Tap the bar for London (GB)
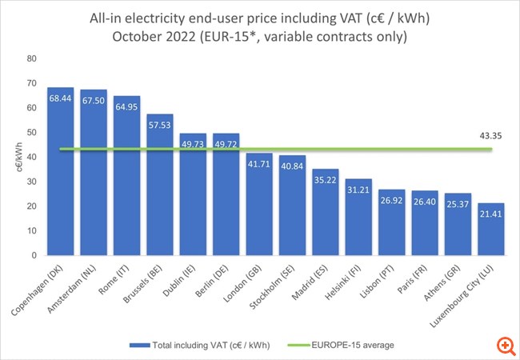coord(259,204)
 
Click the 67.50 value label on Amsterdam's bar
coord(94,100)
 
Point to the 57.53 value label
coord(160,125)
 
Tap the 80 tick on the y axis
coord(31,58)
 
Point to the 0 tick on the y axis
coord(34,255)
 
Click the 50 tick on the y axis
coord(31,132)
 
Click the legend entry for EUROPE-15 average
coord(356,345)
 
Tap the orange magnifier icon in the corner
coord(504,345)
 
